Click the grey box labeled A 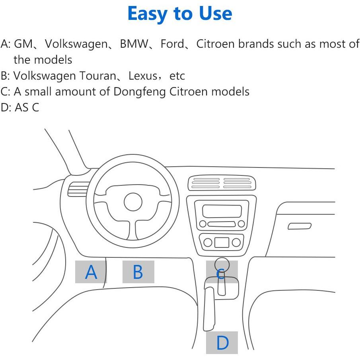coord(91,272)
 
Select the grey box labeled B coord(138,272)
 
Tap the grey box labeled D coord(222,342)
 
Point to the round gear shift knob coord(222,265)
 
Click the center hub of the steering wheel coord(133,202)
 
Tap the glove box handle coord(300,226)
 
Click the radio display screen coord(222,211)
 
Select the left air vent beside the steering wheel coord(78,189)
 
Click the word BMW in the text coord(134,44)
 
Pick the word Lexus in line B coord(143,76)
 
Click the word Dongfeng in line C coord(139,92)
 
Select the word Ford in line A coord(172,44)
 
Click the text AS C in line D coord(27,107)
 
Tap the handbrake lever coord(209,309)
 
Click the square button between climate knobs coord(222,242)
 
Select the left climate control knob coord(208,242)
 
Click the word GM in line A coord(23,44)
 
